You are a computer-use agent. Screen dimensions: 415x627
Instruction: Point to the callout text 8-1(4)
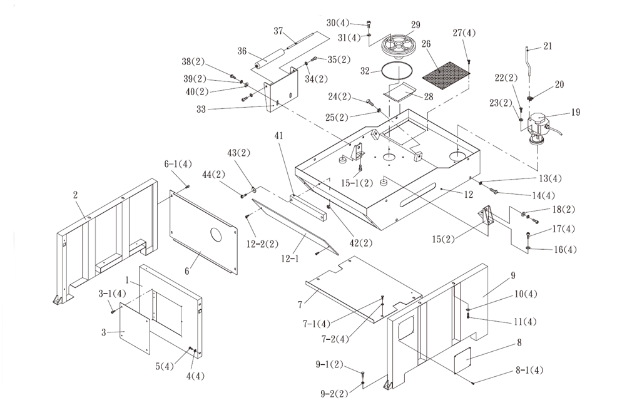pos(529,370)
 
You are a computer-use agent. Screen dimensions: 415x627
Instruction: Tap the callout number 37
pos(278,31)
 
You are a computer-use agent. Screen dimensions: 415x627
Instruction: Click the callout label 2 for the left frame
pos(75,195)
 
